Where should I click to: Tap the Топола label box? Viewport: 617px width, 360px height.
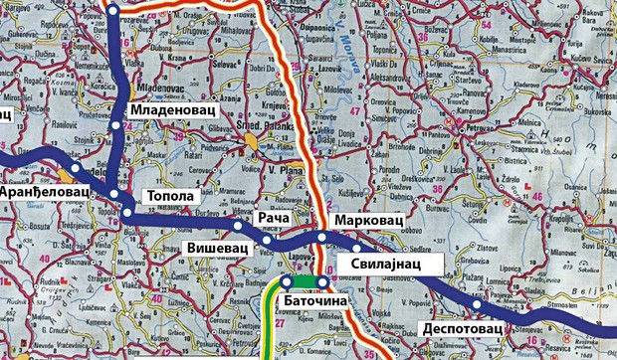coord(167,197)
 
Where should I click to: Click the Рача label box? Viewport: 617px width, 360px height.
coord(273,216)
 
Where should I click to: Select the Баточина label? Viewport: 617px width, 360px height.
coord(313,299)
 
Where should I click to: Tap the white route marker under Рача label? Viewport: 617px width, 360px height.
coord(268,241)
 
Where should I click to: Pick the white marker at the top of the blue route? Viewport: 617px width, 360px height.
coord(112,10)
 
